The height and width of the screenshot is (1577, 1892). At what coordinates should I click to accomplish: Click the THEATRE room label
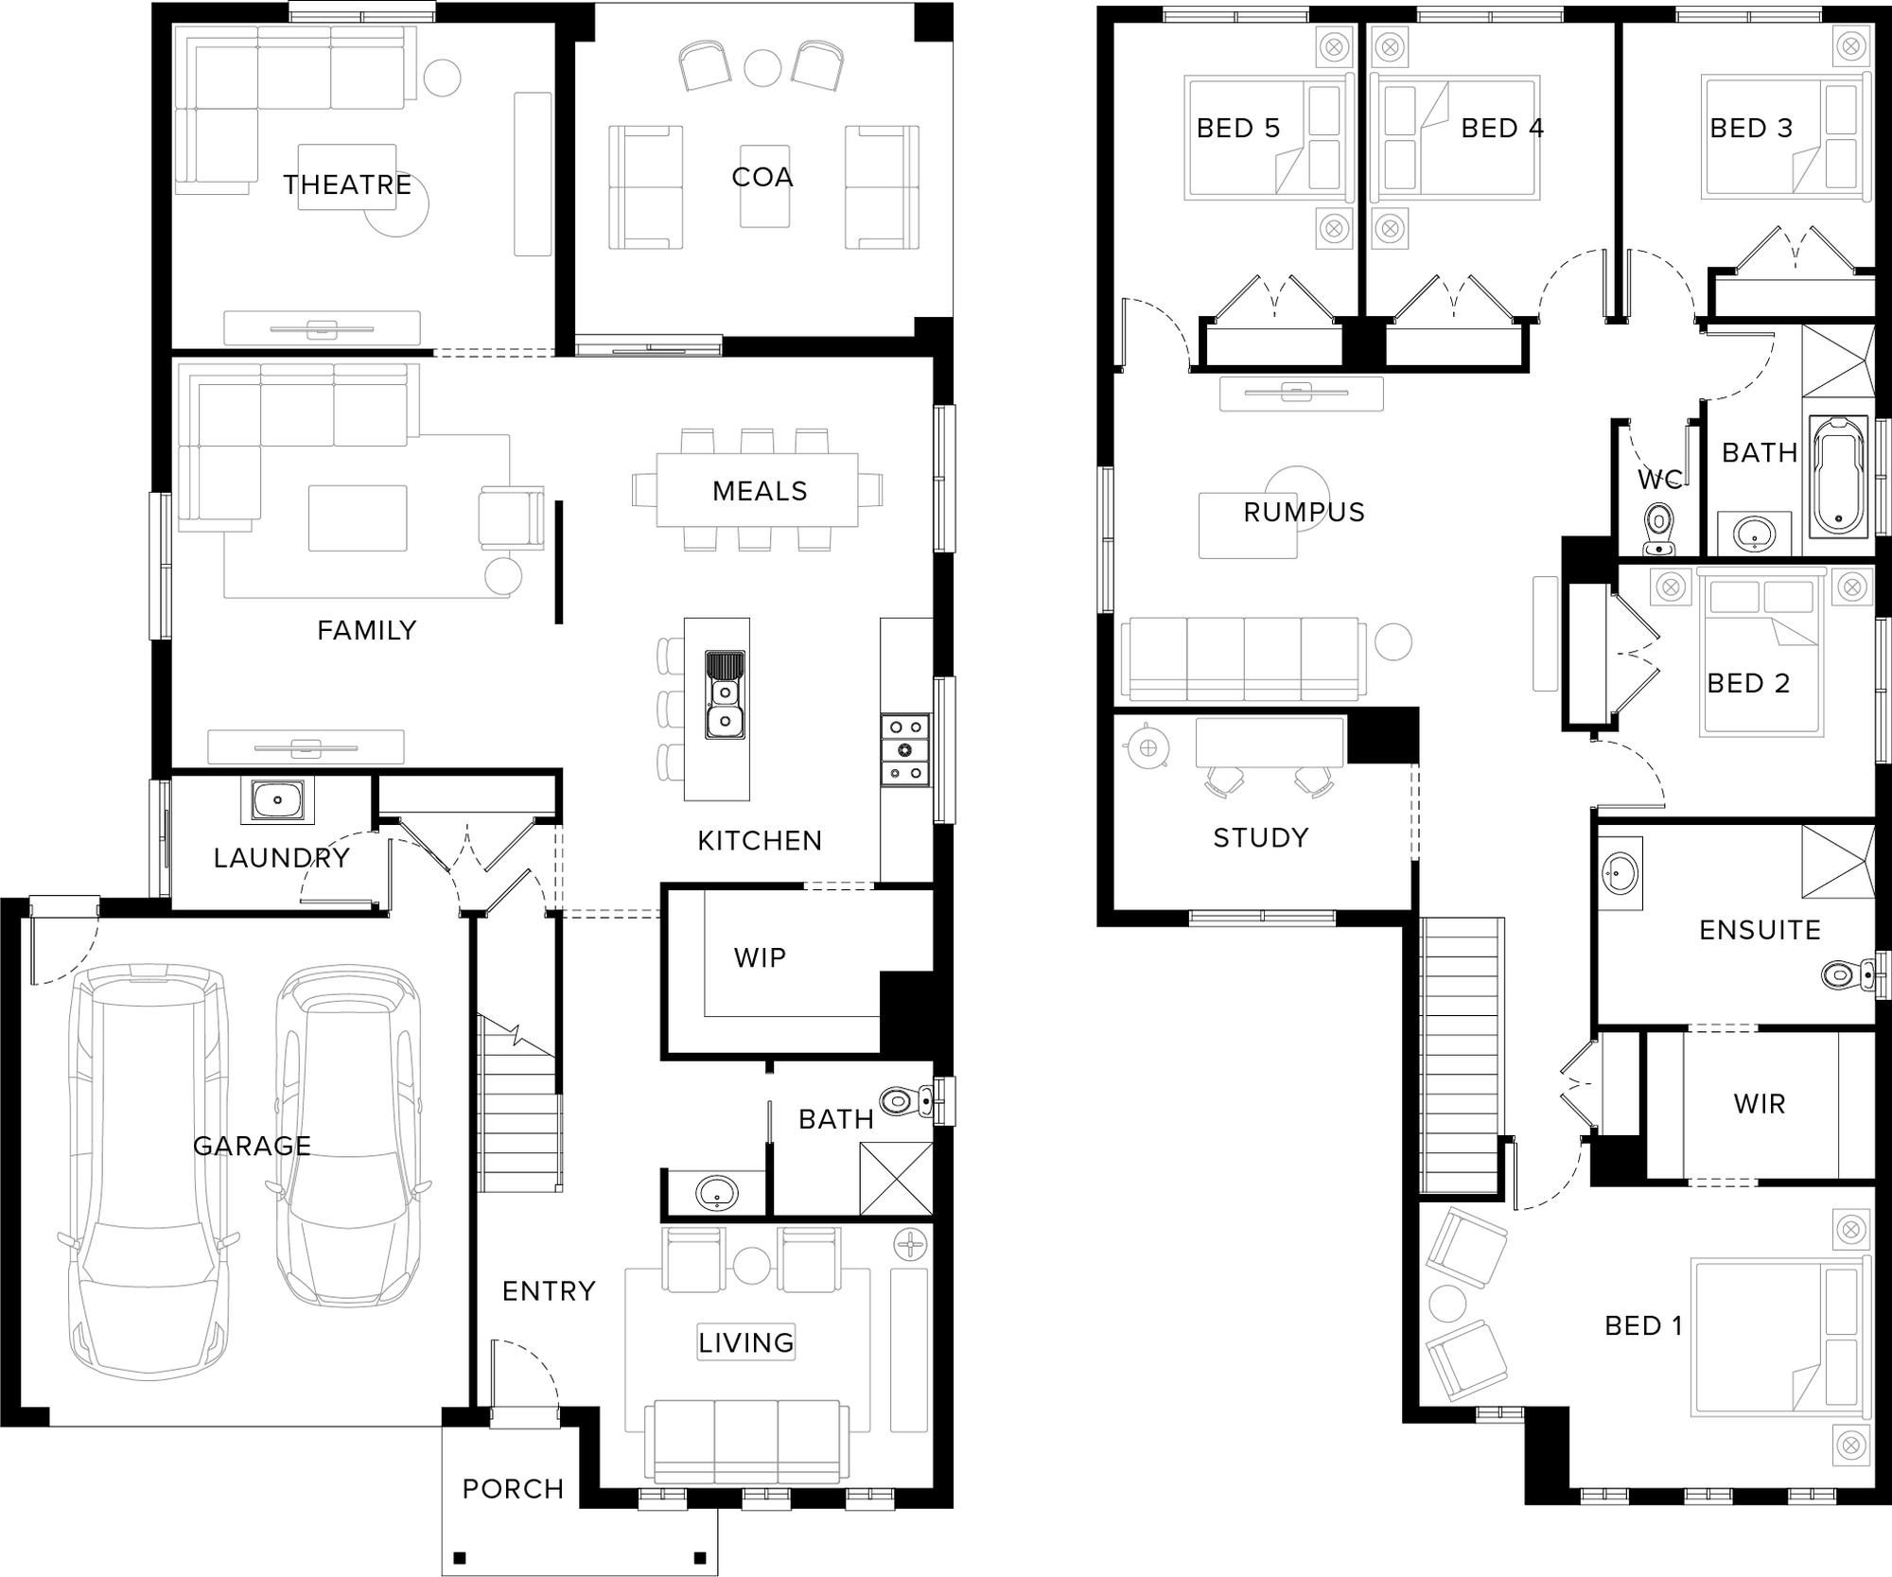pos(347,184)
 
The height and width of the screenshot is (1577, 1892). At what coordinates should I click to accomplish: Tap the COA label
pos(762,177)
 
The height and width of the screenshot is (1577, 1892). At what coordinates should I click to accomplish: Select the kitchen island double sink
pos(725,694)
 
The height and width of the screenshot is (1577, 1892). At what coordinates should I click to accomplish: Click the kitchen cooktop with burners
pos(905,750)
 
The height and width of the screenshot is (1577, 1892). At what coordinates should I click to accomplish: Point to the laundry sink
pos(277,799)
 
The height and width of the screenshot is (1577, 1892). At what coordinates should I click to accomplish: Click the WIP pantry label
pos(760,958)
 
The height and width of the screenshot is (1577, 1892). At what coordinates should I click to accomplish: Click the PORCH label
pos(513,1489)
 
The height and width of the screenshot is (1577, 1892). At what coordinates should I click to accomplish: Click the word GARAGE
pos(252,1146)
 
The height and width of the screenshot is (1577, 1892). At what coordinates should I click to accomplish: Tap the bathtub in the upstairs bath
pos(1840,476)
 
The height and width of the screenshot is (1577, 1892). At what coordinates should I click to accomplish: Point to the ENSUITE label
pos(1760,930)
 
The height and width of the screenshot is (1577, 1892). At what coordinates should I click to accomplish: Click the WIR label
pos(1760,1103)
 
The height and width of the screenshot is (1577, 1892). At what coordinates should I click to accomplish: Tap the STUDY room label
pos(1261,837)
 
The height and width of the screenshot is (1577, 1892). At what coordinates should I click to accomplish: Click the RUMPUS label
pos(1304,512)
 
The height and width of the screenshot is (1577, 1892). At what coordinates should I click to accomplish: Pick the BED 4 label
pos(1502,128)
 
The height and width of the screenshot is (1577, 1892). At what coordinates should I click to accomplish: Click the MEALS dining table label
pos(760,491)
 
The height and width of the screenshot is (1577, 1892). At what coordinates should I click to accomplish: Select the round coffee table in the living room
pos(752,1266)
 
